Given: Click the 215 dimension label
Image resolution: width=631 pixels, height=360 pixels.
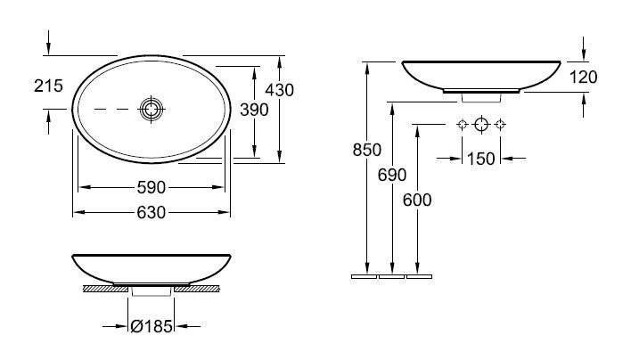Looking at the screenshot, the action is point(48,86).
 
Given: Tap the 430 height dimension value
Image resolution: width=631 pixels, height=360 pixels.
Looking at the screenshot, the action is point(279,90).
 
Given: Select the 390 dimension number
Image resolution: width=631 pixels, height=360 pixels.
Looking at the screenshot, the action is point(254,110).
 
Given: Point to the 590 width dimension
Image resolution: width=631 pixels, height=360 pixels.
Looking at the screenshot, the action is point(152,187).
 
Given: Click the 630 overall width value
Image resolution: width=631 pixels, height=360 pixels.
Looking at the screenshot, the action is point(152,212).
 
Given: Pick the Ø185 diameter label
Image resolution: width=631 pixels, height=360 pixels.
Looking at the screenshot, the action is point(152,326).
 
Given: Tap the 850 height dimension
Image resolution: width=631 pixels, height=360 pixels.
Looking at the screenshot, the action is point(366,150).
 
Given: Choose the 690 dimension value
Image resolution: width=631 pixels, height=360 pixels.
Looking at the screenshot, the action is point(392,175).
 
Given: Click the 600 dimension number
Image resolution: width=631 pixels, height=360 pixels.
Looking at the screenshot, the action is point(417,200).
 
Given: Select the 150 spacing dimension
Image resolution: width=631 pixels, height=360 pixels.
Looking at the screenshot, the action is point(481,159).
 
